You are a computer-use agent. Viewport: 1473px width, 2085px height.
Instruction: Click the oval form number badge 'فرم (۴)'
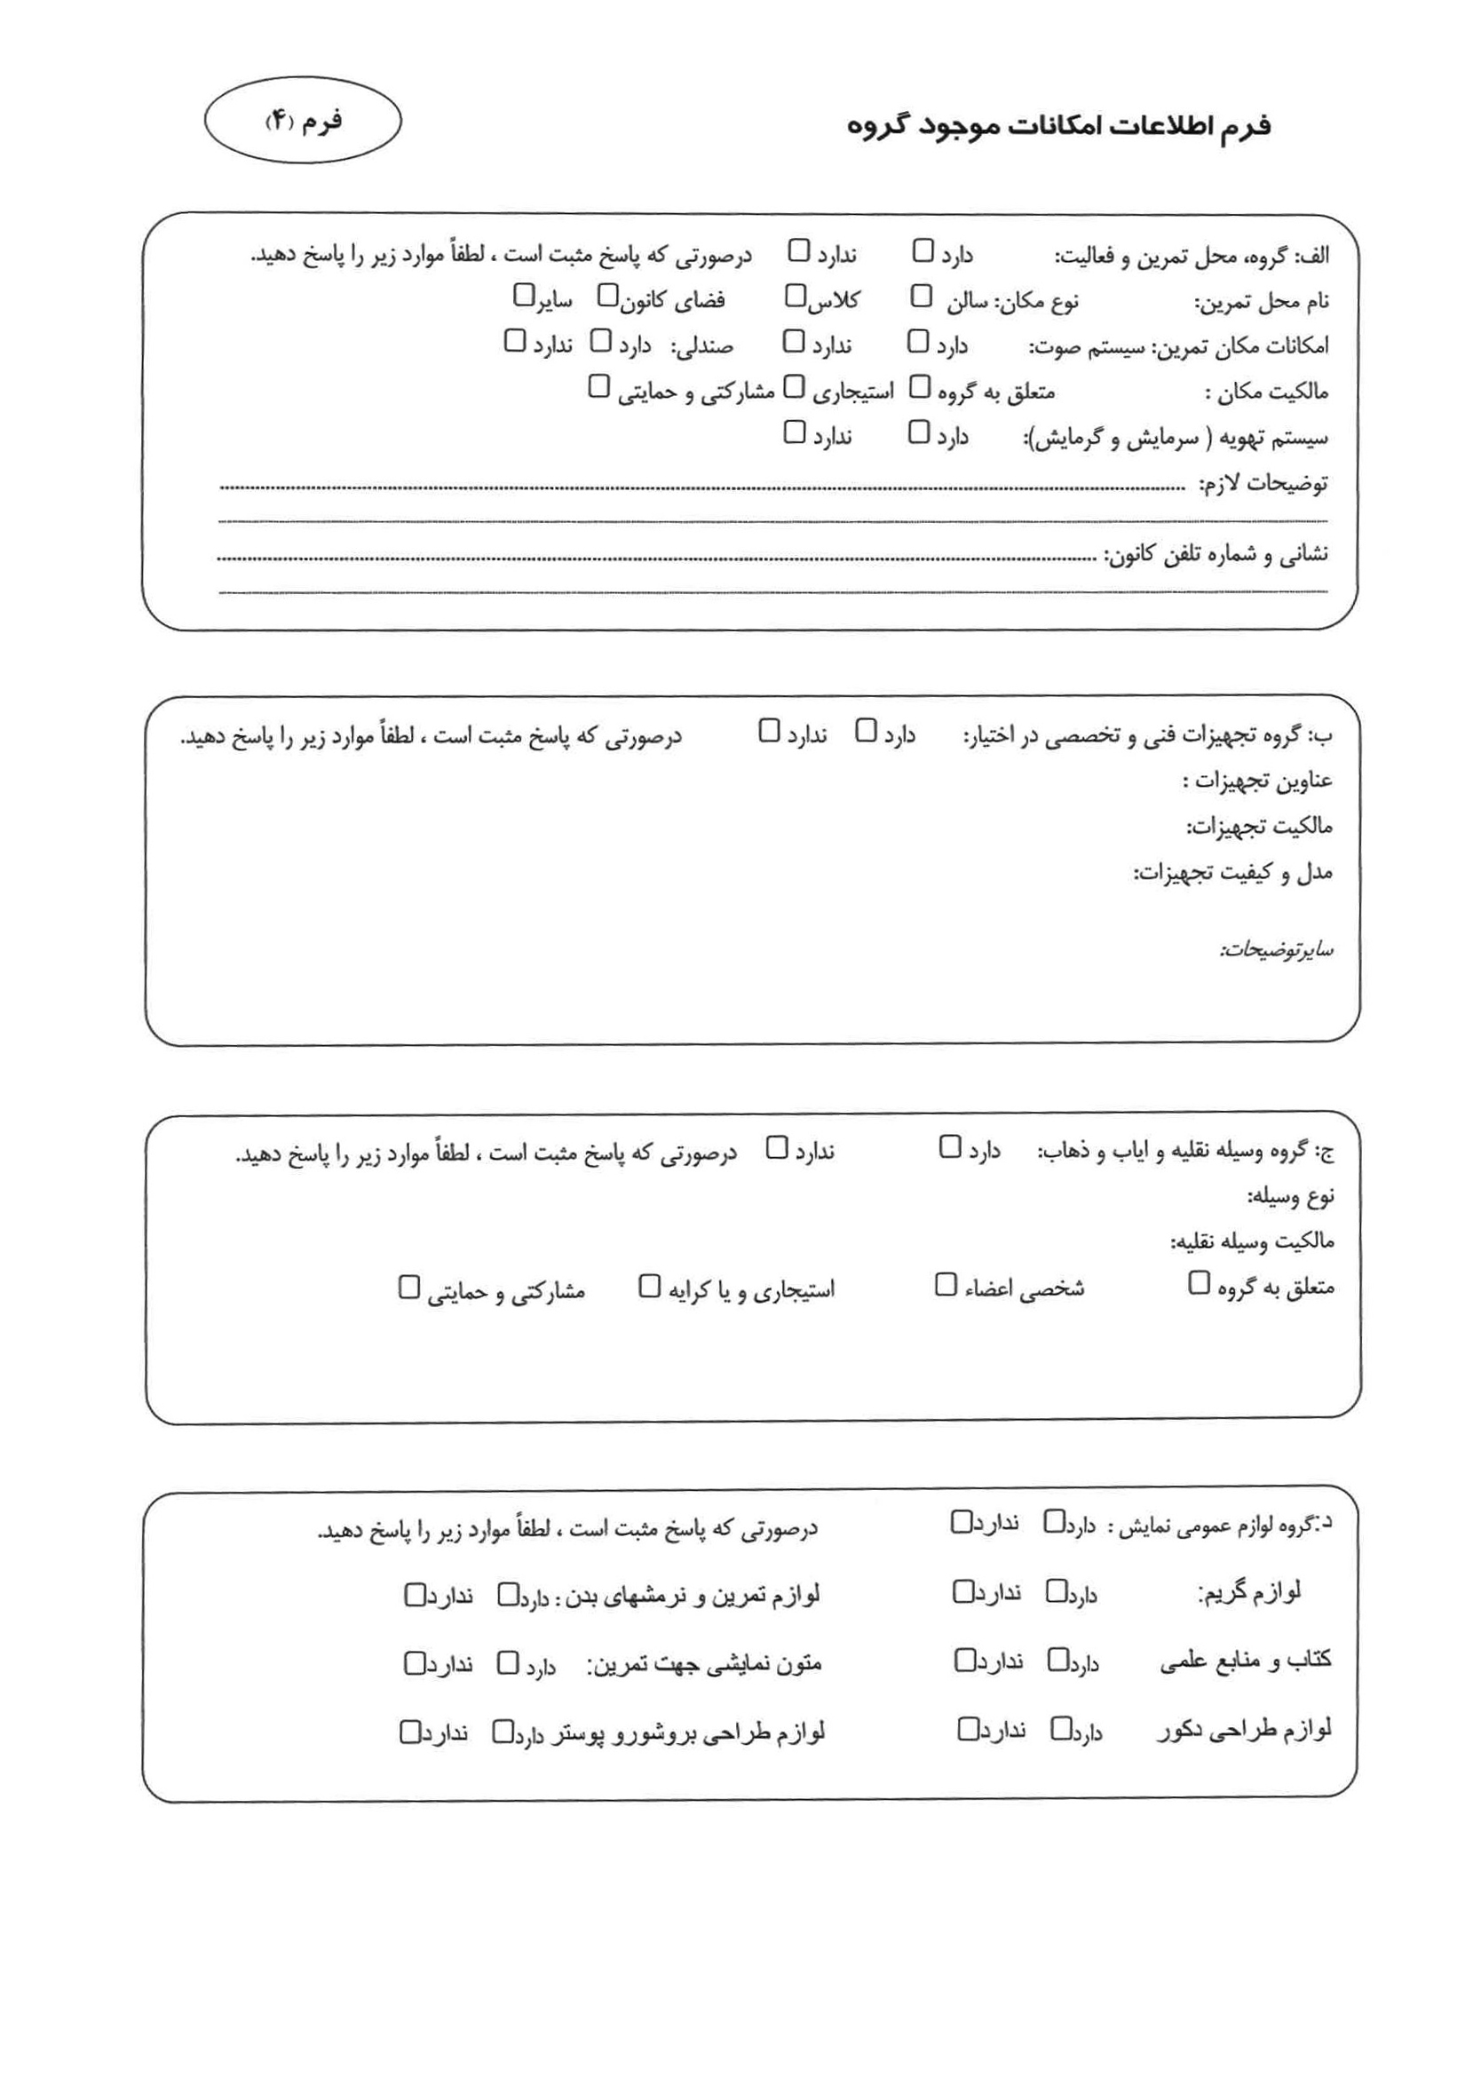[x=303, y=121]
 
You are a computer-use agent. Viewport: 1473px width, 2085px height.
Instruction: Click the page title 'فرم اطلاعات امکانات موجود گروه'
[x=1058, y=126]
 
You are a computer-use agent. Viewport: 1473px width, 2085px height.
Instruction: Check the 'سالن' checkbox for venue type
[x=921, y=296]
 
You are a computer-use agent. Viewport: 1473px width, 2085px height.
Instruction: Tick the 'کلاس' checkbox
[x=795, y=296]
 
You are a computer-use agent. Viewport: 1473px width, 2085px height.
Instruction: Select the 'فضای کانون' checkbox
[x=607, y=296]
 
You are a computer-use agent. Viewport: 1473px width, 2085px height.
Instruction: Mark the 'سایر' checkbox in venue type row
[x=524, y=295]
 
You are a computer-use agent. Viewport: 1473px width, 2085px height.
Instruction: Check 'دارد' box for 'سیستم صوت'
[x=918, y=342]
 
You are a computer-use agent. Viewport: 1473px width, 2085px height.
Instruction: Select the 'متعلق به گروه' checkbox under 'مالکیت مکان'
[x=920, y=388]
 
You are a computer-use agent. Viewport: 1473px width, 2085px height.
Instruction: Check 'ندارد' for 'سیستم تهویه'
[x=795, y=432]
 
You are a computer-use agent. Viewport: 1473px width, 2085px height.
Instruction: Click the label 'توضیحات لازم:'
[x=1263, y=484]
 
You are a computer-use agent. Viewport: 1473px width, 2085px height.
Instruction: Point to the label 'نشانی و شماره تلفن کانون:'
[x=1216, y=555]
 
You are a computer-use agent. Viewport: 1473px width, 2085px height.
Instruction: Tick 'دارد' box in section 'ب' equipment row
[x=867, y=731]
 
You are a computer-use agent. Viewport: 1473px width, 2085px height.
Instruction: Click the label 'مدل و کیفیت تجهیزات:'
[x=1232, y=874]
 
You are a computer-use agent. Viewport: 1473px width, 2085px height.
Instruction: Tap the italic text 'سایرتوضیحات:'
[x=1275, y=950]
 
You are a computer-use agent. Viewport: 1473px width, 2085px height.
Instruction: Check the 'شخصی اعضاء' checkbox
[x=946, y=1285]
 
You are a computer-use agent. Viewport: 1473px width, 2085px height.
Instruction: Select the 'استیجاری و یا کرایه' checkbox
[x=649, y=1286]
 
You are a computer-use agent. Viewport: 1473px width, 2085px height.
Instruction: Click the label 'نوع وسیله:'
[x=1289, y=1197]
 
